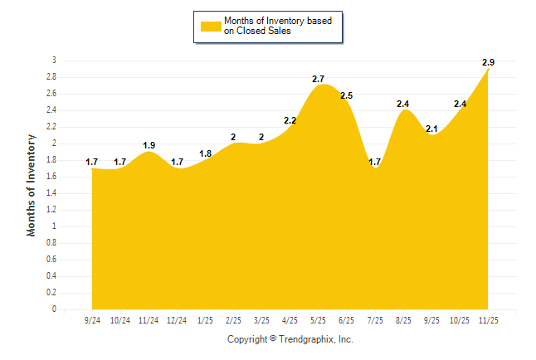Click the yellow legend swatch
coord(211,26)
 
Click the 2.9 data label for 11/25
coord(488,62)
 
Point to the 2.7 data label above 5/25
coord(318,79)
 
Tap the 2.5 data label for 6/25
coord(346,96)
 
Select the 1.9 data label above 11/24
coord(149,145)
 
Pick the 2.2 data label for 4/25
coord(290,120)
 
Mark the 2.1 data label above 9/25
coord(431,129)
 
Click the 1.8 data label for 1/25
coord(205,153)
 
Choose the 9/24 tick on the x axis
coord(92,320)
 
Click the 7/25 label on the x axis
coord(375,320)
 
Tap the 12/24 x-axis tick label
coord(177,320)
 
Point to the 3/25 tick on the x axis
coord(261,320)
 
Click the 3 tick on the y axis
coord(54,61)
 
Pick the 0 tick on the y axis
coord(54,309)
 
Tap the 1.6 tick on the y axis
coord(51,177)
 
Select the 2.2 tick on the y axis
coord(51,127)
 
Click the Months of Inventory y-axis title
coord(32,185)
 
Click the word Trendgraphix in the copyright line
coord(307,339)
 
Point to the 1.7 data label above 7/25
coord(375,162)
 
